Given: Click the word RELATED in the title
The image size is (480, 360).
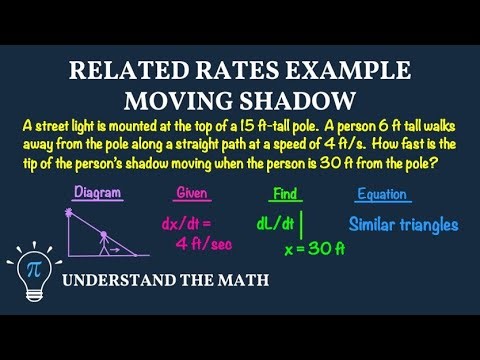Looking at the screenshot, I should pos(113,73).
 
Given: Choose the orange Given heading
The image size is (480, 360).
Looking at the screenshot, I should pos(194,192).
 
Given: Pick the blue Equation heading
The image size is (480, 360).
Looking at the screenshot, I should pos(384,193).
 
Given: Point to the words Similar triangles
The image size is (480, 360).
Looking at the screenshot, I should pos(403,225).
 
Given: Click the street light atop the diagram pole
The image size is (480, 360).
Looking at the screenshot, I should pos(70,213).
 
